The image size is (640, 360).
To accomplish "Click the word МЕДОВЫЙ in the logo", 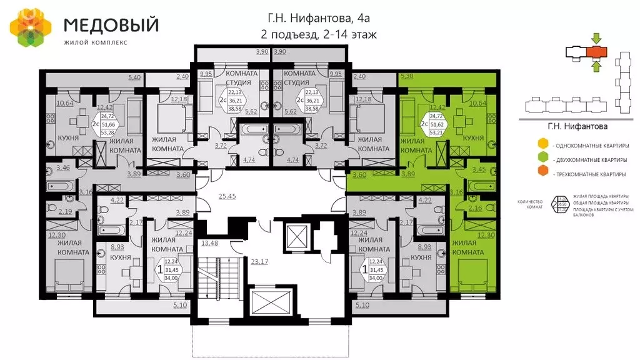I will point(111,24).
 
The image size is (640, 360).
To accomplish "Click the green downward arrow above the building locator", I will point(595,37).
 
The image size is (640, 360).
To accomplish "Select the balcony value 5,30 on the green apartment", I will point(406,77).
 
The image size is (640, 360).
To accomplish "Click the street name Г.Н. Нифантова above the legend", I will point(577,126).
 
